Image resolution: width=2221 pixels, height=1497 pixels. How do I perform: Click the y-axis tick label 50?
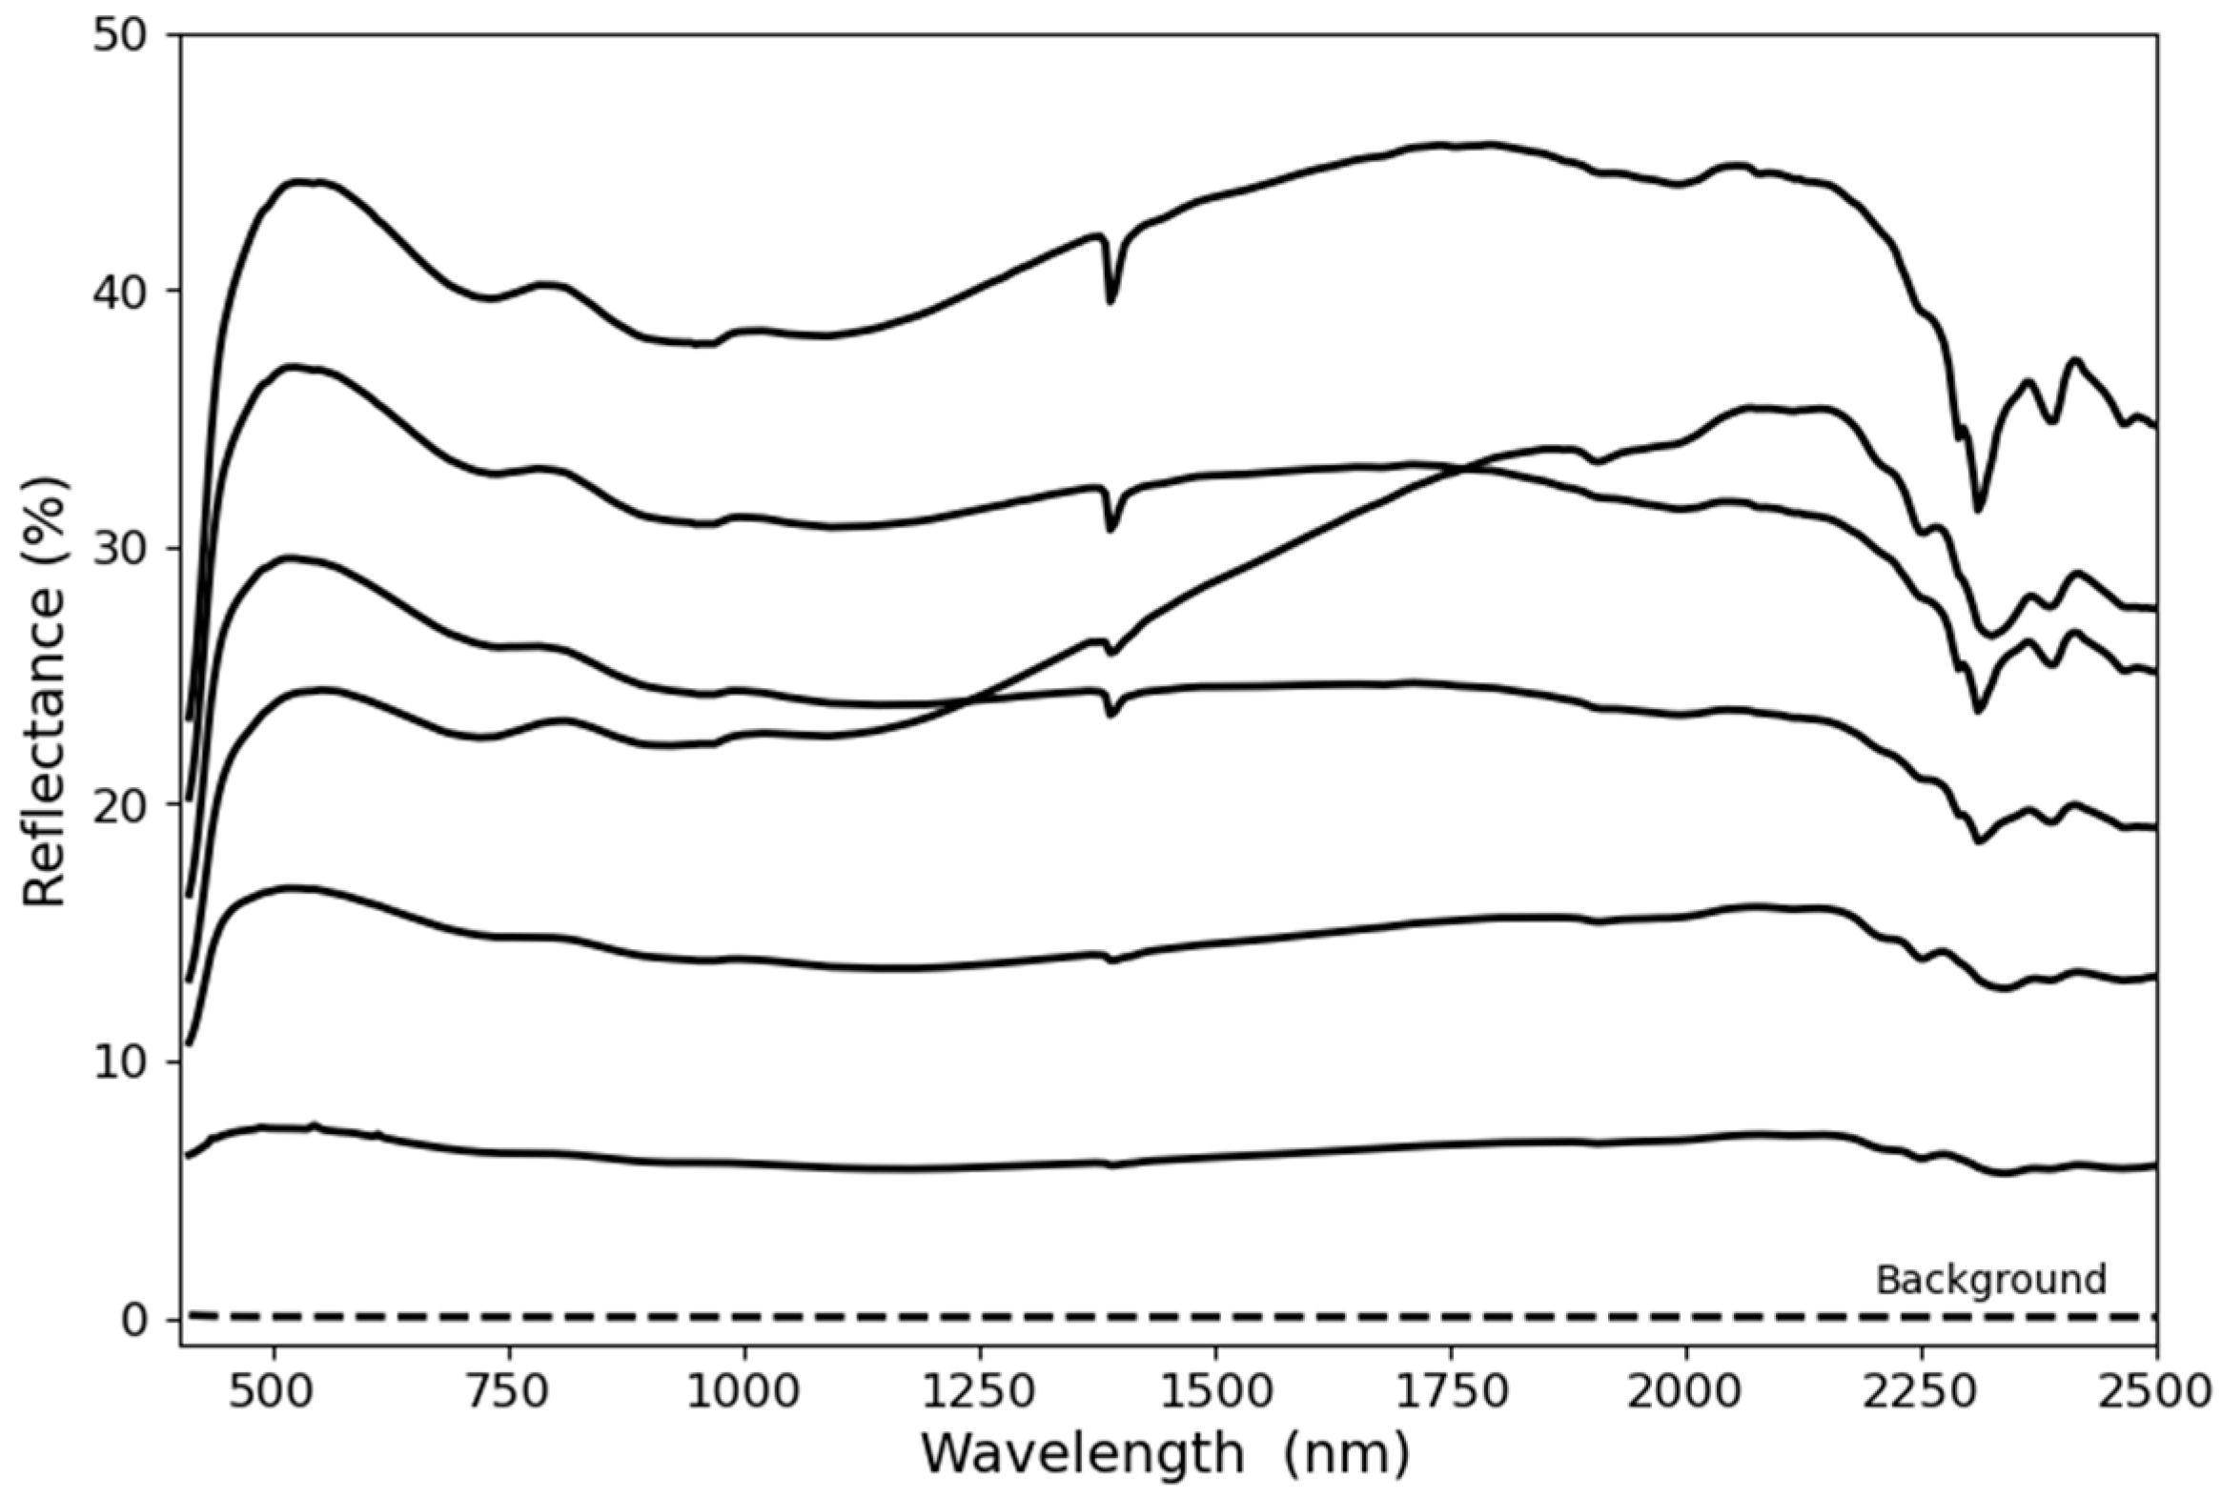[122, 36]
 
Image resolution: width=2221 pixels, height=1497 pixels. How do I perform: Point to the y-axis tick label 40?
[122, 293]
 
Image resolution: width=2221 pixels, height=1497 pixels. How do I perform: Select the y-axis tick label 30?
[122, 549]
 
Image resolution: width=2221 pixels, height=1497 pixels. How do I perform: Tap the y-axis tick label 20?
[122, 805]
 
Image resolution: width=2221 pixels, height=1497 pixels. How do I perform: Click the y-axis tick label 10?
[122, 1062]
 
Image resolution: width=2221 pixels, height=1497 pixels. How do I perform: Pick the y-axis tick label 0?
[136, 1320]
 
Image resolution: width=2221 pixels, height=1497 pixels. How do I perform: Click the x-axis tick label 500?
[275, 1392]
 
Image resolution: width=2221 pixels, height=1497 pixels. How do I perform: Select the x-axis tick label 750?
[509, 1392]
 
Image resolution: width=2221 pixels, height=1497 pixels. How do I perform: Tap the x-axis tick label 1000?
[743, 1392]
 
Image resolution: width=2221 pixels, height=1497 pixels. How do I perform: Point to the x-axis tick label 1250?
[979, 1392]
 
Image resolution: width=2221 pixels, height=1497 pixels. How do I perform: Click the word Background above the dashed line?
[1991, 1280]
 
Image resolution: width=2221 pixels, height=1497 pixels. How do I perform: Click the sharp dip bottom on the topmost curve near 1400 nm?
[1110, 302]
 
